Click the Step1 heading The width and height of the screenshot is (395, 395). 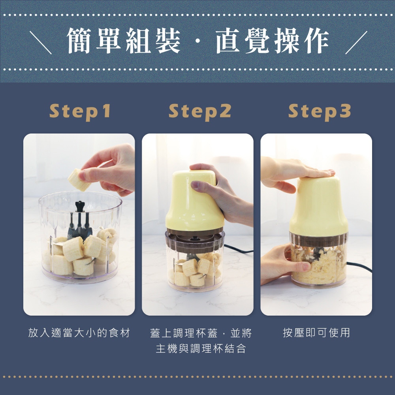[x=80, y=112]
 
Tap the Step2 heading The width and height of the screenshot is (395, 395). [x=200, y=112]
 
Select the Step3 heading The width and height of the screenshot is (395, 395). [x=320, y=112]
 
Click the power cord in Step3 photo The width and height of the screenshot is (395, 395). [x=359, y=267]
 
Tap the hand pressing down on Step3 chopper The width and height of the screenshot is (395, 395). [x=295, y=174]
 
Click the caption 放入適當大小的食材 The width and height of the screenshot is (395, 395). [x=79, y=333]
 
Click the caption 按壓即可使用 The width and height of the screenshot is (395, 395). [x=316, y=333]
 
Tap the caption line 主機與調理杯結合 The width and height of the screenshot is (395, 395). [x=201, y=349]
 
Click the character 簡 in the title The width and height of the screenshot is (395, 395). [x=79, y=41]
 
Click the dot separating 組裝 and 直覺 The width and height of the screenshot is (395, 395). [x=198, y=41]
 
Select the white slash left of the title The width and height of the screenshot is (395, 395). [x=41, y=43]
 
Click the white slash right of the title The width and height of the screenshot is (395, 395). [x=356, y=43]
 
